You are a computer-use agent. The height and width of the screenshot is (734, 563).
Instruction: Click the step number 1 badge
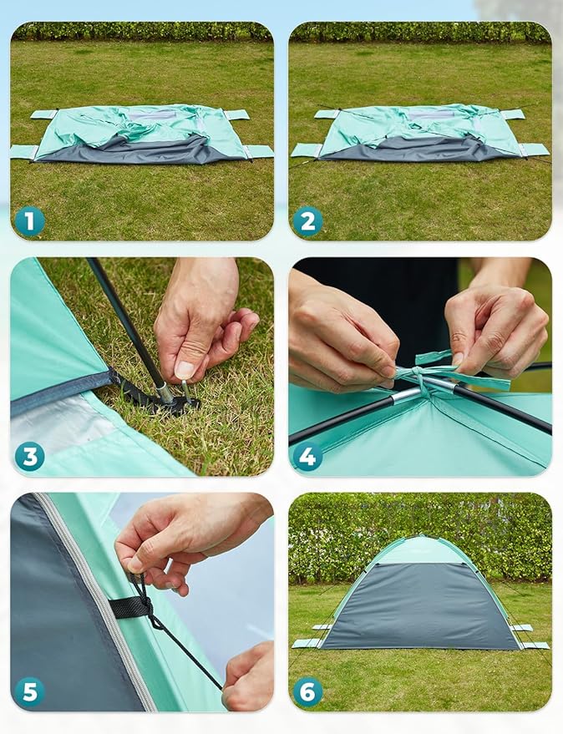pos(30,221)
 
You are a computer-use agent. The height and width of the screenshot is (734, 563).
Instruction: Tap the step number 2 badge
pos(307,221)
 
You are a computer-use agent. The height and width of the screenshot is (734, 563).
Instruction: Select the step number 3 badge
pos(30,456)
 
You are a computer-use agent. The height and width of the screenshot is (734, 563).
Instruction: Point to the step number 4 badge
pos(307,456)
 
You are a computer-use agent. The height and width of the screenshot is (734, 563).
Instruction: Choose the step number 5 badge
pos(30,691)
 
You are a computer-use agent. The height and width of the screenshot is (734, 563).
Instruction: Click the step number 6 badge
pos(307,691)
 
